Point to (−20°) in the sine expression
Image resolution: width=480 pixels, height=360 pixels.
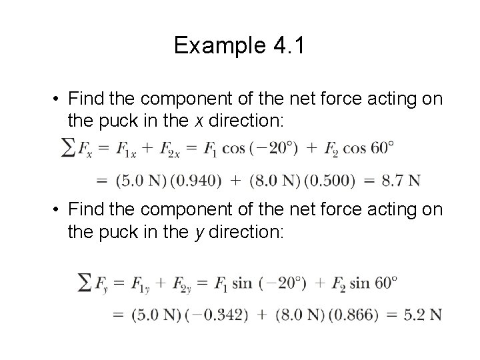281,283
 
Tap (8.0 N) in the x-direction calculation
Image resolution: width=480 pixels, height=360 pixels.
276,179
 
